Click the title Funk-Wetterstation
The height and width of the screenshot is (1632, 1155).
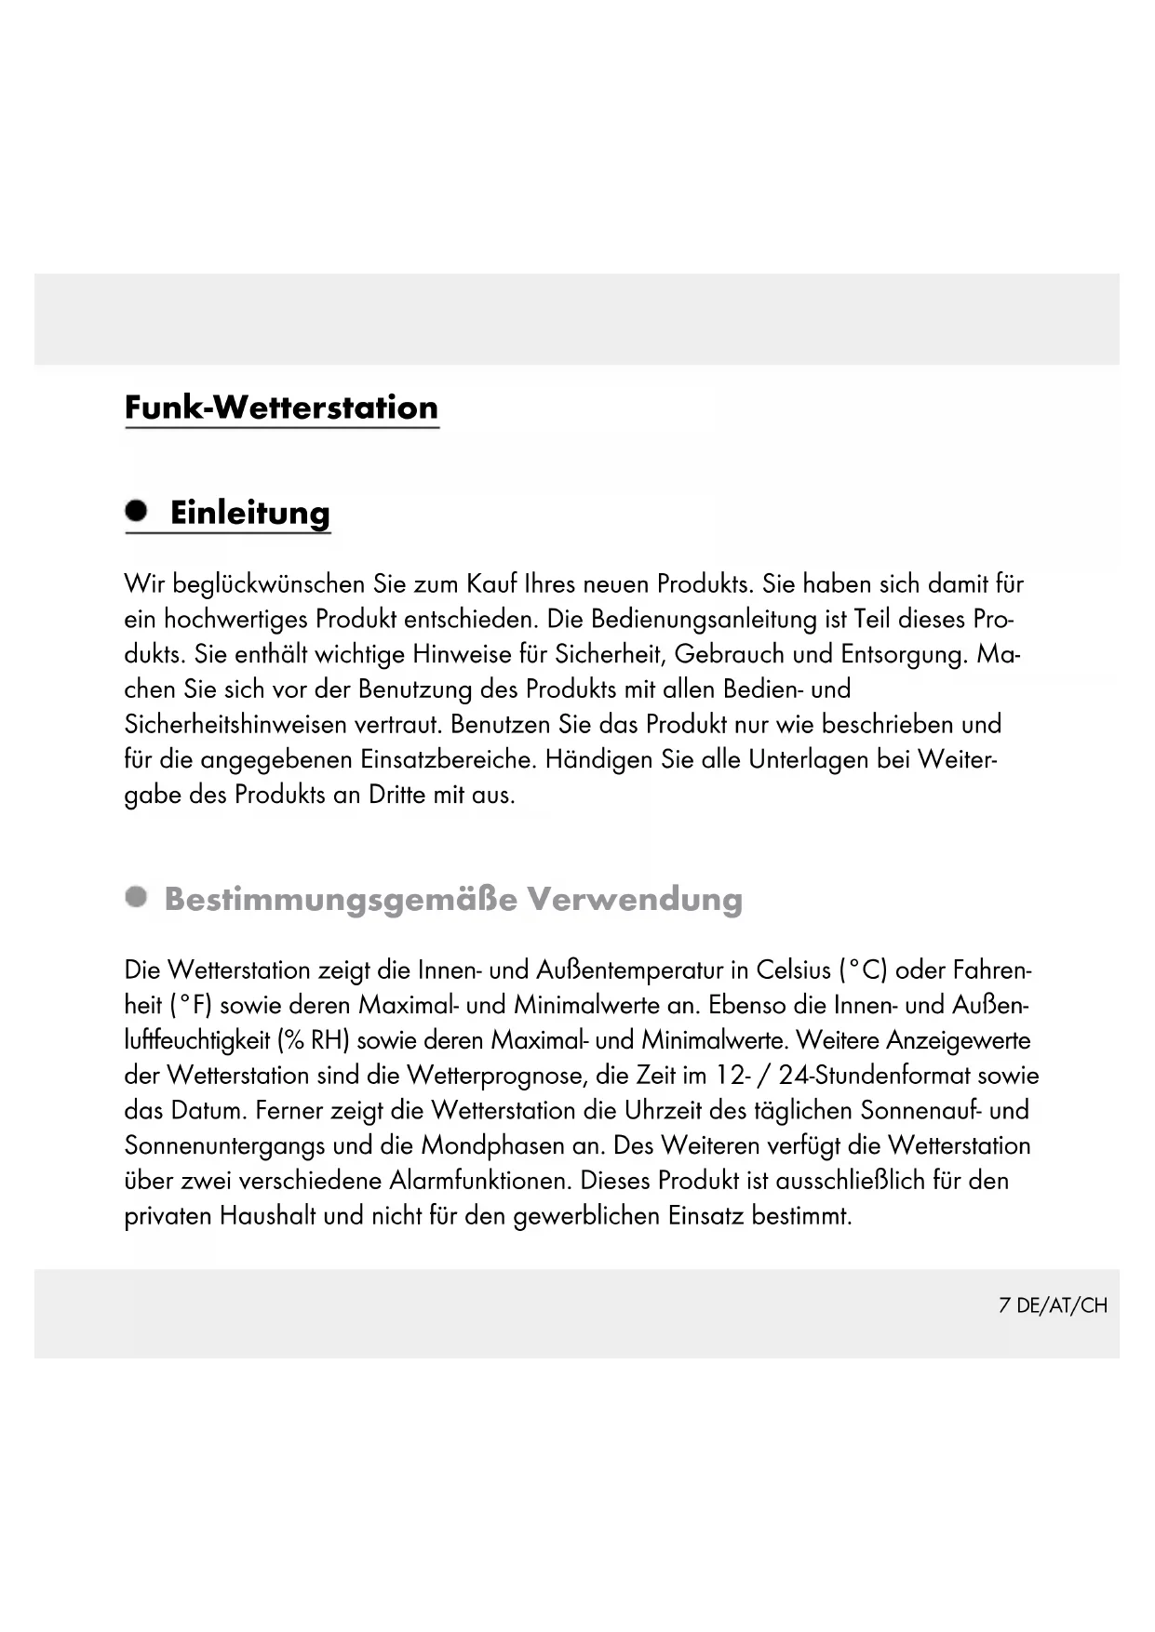[281, 408]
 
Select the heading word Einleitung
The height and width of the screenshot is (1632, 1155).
[249, 513]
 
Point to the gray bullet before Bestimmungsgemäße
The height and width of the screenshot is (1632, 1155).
[138, 897]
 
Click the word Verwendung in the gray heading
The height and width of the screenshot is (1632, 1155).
[635, 899]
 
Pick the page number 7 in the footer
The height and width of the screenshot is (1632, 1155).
[1004, 1305]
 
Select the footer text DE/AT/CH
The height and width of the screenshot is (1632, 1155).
[1062, 1305]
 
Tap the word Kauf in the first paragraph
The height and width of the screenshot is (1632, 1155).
[492, 584]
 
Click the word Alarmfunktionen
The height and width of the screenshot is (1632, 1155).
[479, 1181]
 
